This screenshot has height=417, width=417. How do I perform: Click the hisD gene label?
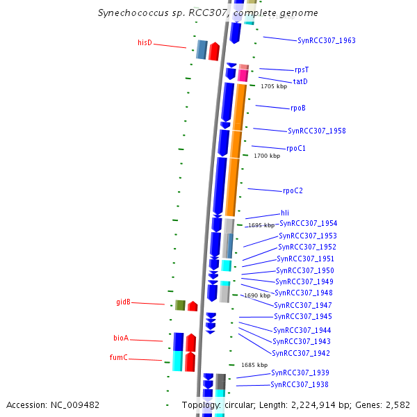pos(145,43)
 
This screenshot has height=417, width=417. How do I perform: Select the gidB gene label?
pos(123,302)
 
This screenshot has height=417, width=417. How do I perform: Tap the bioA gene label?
pos(121,338)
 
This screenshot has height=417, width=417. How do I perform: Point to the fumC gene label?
pos(120,358)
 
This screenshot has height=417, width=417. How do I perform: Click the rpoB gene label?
pos(298,108)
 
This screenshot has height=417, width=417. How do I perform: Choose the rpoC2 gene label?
pos(293,190)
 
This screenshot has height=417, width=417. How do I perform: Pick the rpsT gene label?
pos(302,69)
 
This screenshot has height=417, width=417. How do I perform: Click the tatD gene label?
pos(300,81)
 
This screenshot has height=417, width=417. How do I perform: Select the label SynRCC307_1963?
pos(326,40)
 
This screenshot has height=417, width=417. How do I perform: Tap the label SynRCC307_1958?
pos(316,131)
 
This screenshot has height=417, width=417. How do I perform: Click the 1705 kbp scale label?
pos(274,87)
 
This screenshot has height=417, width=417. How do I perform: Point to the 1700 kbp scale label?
pos(267,156)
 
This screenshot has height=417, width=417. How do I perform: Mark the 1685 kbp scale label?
pos(254,365)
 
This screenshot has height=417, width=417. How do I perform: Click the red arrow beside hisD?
pos(214,51)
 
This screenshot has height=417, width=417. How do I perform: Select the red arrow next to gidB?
pos(193,306)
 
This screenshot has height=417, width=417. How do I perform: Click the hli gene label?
pos(285,213)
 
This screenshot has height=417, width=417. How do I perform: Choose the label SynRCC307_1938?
pos(299,384)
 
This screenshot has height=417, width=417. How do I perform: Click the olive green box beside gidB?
pos(180,305)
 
